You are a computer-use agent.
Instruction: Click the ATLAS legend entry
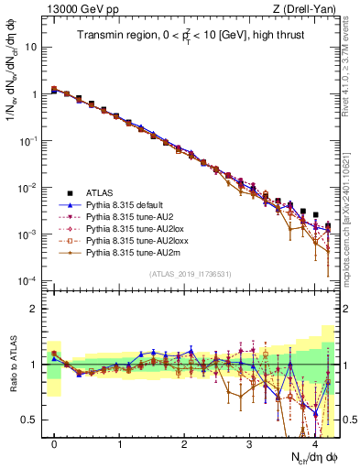(x=100, y=193)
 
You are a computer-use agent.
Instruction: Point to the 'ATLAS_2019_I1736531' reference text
(x=191, y=274)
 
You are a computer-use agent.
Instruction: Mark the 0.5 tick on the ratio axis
(x=34, y=420)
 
